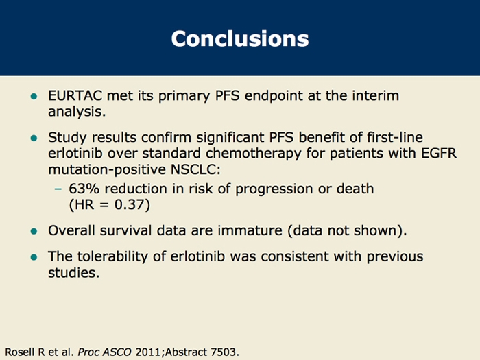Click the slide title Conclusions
coord(239,38)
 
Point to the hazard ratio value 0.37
coord(133,204)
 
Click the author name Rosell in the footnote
coord(19,350)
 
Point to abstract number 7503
coord(224,350)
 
